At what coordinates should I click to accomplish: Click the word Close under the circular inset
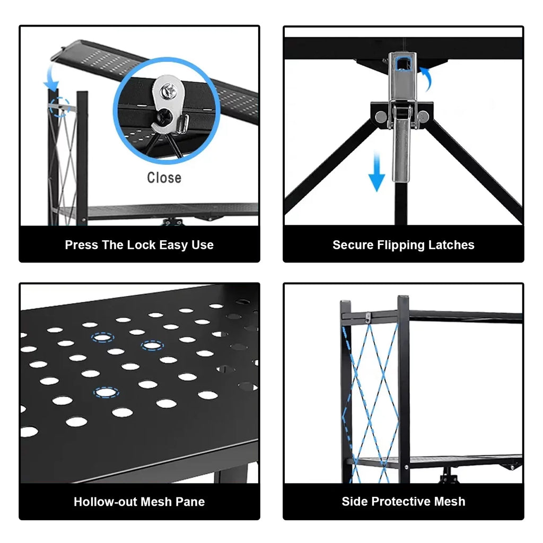pyautogui.click(x=164, y=178)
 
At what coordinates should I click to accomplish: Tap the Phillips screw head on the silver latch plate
pyautogui.click(x=169, y=91)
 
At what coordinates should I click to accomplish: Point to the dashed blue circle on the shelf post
pyautogui.click(x=60, y=107)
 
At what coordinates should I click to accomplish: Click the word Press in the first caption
pyautogui.click(x=82, y=245)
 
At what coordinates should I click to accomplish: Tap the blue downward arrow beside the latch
pyautogui.click(x=376, y=172)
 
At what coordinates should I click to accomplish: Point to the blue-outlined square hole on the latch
pyautogui.click(x=402, y=64)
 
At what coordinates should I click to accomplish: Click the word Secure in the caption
pyautogui.click(x=353, y=245)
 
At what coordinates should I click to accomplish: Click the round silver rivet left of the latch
pyautogui.click(x=381, y=116)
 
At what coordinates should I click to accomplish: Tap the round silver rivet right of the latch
pyautogui.click(x=423, y=116)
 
